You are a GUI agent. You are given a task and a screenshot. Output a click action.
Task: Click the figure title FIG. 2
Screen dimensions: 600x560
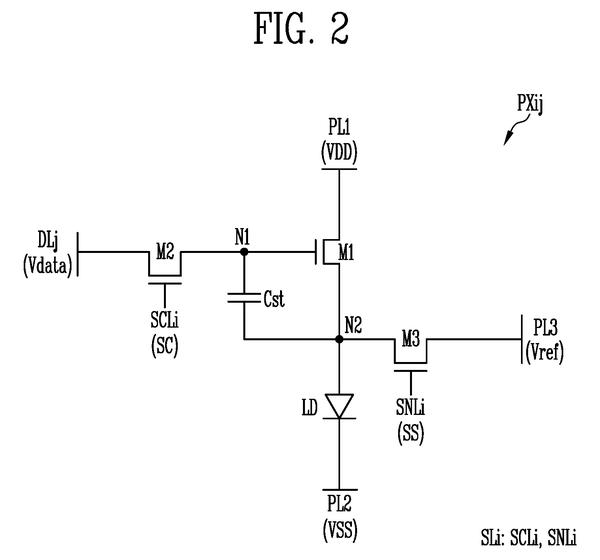pos(302,28)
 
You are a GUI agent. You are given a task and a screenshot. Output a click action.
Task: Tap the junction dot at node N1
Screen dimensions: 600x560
pos(244,252)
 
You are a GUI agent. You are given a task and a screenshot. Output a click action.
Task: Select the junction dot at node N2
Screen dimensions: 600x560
pos(339,339)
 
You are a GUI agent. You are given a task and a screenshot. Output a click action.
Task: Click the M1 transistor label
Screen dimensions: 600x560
pos(346,253)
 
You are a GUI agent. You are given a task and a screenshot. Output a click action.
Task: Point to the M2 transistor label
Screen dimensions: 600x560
pos(165,252)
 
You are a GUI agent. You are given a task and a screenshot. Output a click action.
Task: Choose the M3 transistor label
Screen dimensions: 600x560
pos(411,339)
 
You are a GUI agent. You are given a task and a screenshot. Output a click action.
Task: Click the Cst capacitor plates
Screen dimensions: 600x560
pos(244,298)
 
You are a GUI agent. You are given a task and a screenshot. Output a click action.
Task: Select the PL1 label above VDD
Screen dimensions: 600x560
pos(339,127)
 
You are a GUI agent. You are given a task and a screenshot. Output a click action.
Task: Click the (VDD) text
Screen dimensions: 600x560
pos(339,152)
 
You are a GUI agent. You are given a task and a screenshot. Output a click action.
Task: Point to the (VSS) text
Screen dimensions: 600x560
pos(340,531)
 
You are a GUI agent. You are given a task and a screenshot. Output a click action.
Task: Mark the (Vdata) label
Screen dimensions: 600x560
pos(47,266)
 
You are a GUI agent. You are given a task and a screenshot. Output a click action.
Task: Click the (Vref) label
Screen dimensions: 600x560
pos(545,352)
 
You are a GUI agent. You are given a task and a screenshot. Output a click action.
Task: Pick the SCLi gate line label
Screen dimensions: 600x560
pos(165,320)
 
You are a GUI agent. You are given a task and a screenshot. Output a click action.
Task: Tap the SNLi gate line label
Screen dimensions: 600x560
pos(411,407)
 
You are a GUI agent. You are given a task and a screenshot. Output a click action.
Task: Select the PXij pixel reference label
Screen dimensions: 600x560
pos(530,104)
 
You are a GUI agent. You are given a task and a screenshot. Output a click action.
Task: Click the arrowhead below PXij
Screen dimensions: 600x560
pos(508,139)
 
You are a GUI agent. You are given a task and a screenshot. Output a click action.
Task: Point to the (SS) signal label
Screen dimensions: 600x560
pos(411,434)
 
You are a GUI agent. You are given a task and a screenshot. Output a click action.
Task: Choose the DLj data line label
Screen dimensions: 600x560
pos(48,240)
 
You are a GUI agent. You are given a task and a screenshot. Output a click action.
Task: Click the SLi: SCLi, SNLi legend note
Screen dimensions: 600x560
pos(528,537)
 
